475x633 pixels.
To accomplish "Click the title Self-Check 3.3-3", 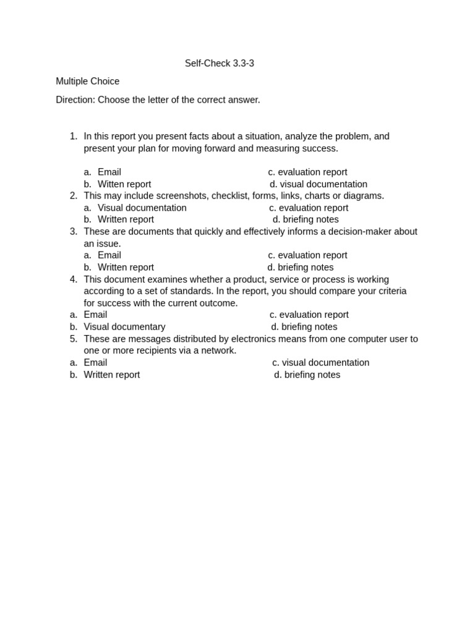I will point(219,63).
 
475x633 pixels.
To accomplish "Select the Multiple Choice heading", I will point(87,81).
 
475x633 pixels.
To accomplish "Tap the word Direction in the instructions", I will point(75,100).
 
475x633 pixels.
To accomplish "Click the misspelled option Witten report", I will point(124,184).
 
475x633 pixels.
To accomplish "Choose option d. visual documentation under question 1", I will point(319,184).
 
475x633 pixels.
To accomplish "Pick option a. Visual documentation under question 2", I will point(142,208).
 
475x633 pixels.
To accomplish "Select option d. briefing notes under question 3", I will point(301,268).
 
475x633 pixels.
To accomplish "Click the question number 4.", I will point(74,279).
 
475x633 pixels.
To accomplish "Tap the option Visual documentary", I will point(124,327).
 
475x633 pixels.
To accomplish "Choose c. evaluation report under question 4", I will point(309,315).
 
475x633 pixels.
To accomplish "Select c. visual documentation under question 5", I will point(320,363).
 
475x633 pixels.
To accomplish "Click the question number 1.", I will point(74,136).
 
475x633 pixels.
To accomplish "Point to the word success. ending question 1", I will point(320,148).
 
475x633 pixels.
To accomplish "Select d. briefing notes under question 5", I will point(307,375).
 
